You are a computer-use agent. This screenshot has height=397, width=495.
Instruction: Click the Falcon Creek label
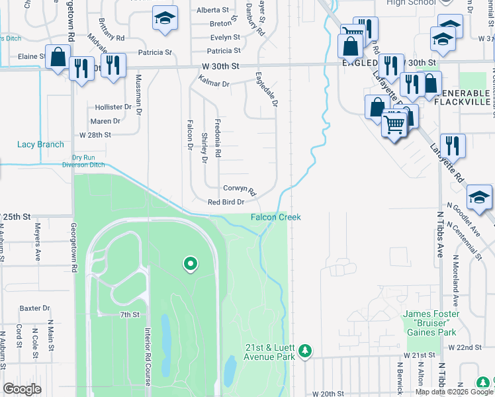[275, 217]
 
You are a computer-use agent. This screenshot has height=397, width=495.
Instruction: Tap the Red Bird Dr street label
[226, 202]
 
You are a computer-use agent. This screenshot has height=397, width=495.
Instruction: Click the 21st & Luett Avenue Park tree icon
[304, 351]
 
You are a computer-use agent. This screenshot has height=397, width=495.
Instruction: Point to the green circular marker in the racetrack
[191, 265]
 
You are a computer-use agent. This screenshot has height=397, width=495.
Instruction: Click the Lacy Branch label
[41, 144]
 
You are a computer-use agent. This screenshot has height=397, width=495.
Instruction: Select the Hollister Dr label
[112, 107]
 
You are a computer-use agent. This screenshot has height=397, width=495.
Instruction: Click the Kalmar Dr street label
[213, 84]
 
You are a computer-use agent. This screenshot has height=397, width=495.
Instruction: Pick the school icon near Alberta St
[165, 19]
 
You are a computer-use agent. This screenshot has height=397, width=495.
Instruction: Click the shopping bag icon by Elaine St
[58, 58]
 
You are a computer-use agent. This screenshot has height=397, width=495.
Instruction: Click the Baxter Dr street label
[35, 308]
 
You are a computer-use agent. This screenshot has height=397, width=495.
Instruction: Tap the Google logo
[22, 389]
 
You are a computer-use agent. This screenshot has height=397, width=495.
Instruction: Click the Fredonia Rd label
[218, 138]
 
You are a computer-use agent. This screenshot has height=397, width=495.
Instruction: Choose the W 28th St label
[95, 134]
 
